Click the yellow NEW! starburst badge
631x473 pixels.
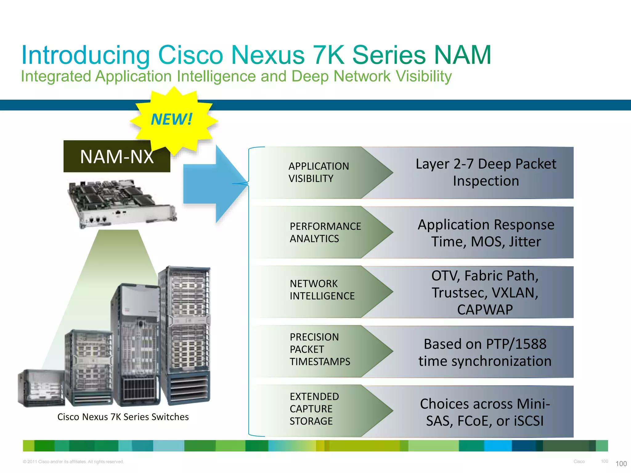point(173,120)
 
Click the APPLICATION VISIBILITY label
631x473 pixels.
point(319,172)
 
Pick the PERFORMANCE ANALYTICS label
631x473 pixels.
point(325,232)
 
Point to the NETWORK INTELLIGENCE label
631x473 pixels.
point(322,290)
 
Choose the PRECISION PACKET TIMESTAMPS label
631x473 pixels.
point(320,349)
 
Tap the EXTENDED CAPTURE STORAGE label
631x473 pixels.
point(314,409)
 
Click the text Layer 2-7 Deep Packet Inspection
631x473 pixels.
point(486,172)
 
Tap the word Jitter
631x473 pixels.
point(525,242)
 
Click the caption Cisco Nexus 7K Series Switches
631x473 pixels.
point(123,417)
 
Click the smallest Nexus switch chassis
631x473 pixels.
point(41,388)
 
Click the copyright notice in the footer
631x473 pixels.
point(73,462)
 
